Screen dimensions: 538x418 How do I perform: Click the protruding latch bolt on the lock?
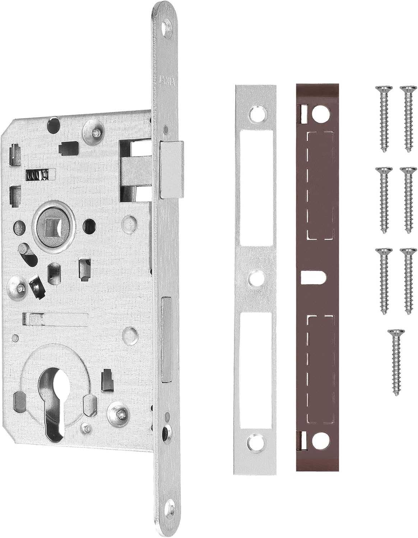click(x=172, y=169)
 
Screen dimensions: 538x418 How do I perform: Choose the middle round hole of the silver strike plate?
click(x=256, y=278)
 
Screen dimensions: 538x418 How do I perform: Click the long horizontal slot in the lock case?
click(x=56, y=317)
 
